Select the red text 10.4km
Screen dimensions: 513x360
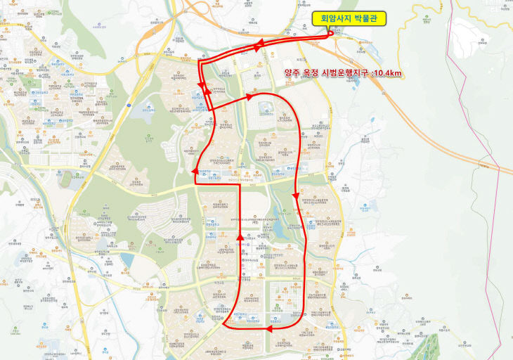click(x=387, y=73)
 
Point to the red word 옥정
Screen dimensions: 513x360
click(x=311, y=73)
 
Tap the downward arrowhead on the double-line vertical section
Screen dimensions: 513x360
click(x=202, y=86)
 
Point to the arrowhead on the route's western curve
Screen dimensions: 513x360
click(x=195, y=171)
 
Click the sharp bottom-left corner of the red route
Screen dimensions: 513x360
click(x=223, y=326)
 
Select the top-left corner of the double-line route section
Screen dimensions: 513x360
click(x=200, y=62)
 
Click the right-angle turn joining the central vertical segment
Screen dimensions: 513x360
click(x=240, y=187)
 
